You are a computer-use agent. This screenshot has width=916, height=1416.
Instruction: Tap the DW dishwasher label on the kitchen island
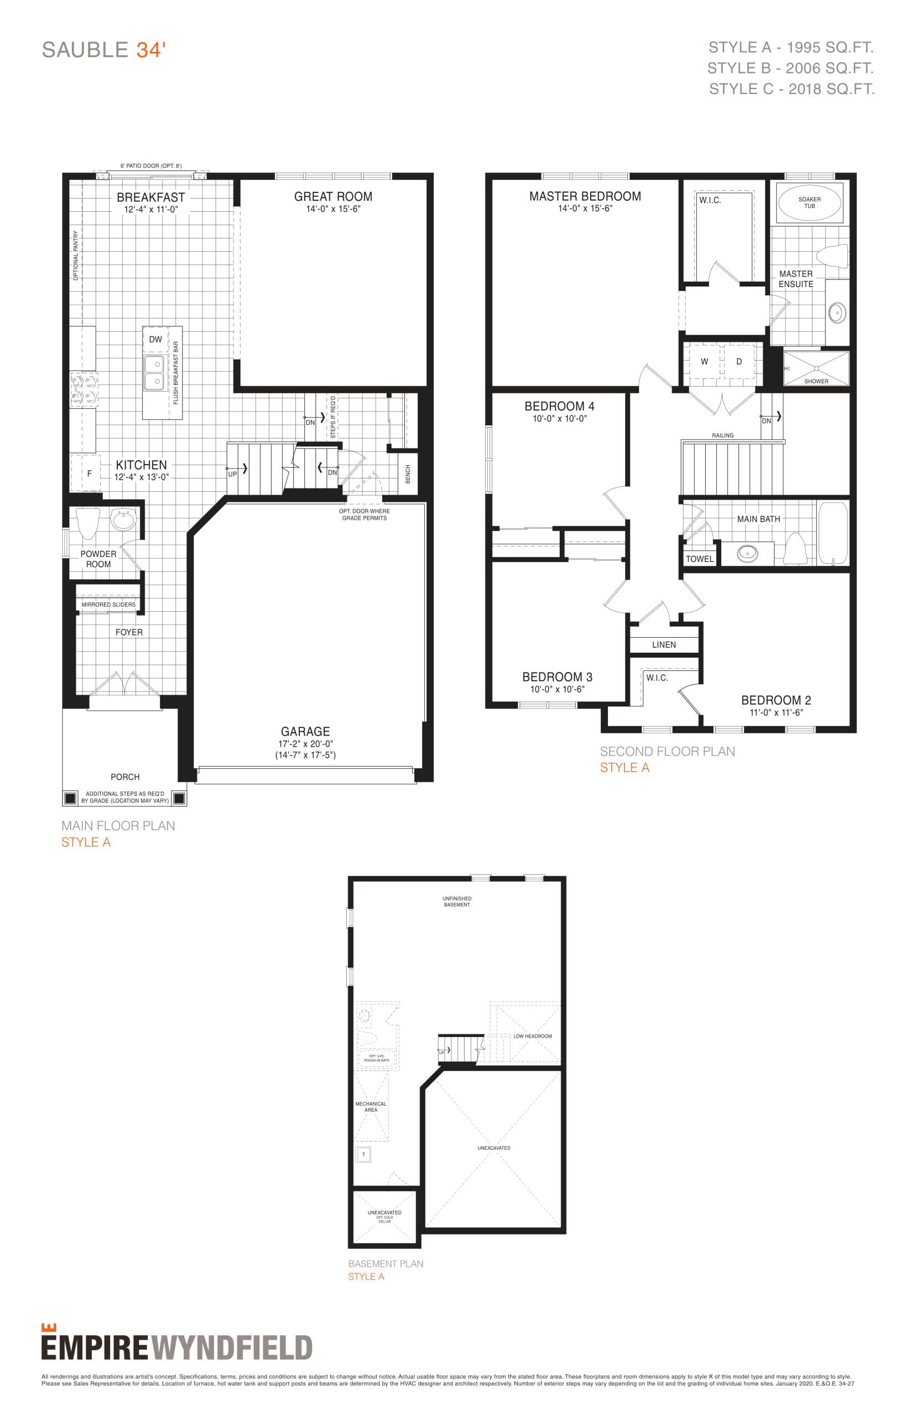pos(155,340)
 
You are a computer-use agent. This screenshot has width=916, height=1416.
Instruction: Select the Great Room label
pos(333,197)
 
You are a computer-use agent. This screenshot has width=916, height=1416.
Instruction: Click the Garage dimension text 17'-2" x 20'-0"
pos(305,744)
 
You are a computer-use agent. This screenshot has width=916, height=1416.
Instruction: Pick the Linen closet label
pos(664,644)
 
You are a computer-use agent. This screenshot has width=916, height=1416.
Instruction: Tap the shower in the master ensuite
pos(815,369)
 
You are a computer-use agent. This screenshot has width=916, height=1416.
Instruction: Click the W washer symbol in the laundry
pos(704,362)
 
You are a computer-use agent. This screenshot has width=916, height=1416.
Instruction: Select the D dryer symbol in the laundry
pos(740,362)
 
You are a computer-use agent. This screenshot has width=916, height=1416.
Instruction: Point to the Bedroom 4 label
pos(559,406)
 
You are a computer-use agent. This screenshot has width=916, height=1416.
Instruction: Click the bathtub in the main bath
pos(832,533)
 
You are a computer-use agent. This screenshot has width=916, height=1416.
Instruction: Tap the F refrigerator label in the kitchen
pos(89,474)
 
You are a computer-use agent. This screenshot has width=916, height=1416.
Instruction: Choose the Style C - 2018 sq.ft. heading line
pos(791,89)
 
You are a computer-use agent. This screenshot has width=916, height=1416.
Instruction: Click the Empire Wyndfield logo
pos(176,1346)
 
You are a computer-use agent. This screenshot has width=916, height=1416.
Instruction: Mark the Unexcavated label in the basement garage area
pos(494,1148)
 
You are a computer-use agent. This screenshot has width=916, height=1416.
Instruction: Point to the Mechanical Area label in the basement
pos(371,1107)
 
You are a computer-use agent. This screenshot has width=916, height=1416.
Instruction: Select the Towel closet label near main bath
pos(700,559)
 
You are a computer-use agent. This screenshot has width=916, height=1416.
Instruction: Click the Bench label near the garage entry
pos(408,474)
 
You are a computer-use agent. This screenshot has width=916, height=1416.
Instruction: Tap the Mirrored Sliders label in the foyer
pos(108,605)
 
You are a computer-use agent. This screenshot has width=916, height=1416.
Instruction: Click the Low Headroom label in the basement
pos(532,1036)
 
